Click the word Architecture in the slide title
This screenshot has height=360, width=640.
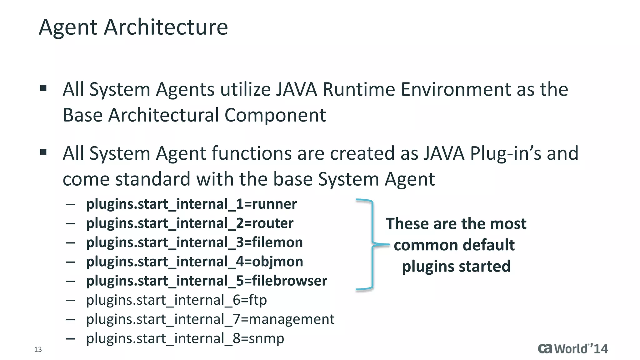click(166, 27)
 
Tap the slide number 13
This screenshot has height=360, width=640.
click(38, 349)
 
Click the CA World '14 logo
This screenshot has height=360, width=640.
click(572, 348)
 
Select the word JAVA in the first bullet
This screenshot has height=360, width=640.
click(296, 90)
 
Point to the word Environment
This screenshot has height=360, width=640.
click(456, 90)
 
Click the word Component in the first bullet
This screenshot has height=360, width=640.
click(275, 115)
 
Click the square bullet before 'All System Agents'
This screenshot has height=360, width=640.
click(43, 88)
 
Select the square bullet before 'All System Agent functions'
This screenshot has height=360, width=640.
click(43, 152)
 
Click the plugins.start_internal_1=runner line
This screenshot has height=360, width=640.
click(191, 204)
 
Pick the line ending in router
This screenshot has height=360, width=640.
click(190, 223)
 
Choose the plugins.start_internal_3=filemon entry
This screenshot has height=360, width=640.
click(194, 242)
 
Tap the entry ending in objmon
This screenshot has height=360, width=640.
click(194, 262)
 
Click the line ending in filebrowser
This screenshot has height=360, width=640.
click(207, 281)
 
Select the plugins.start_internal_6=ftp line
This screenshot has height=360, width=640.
click(177, 300)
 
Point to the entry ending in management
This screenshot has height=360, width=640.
click(210, 319)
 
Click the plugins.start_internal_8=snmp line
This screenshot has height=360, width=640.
click(185, 338)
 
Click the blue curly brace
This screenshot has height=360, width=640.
click(372, 244)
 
